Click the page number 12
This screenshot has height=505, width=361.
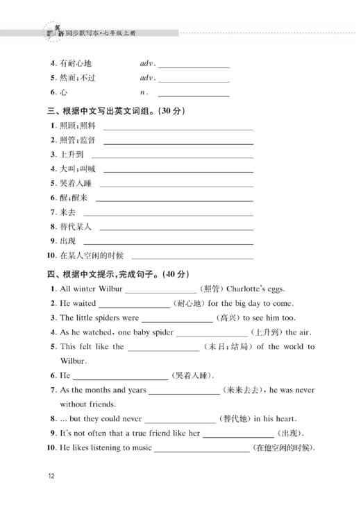click(51, 476)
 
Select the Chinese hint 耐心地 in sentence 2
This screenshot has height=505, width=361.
click(188, 303)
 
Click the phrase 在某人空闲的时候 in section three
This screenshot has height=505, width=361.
click(92, 255)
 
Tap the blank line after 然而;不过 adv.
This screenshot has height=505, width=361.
click(194, 78)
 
